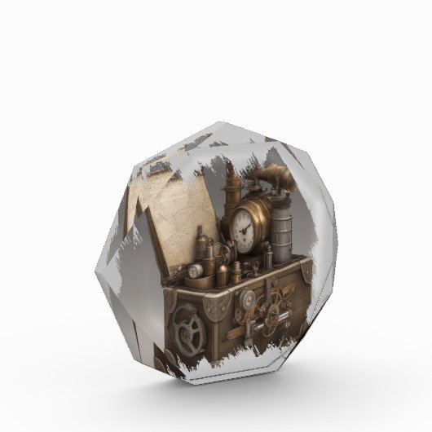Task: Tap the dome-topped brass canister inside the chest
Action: coord(236,270)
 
